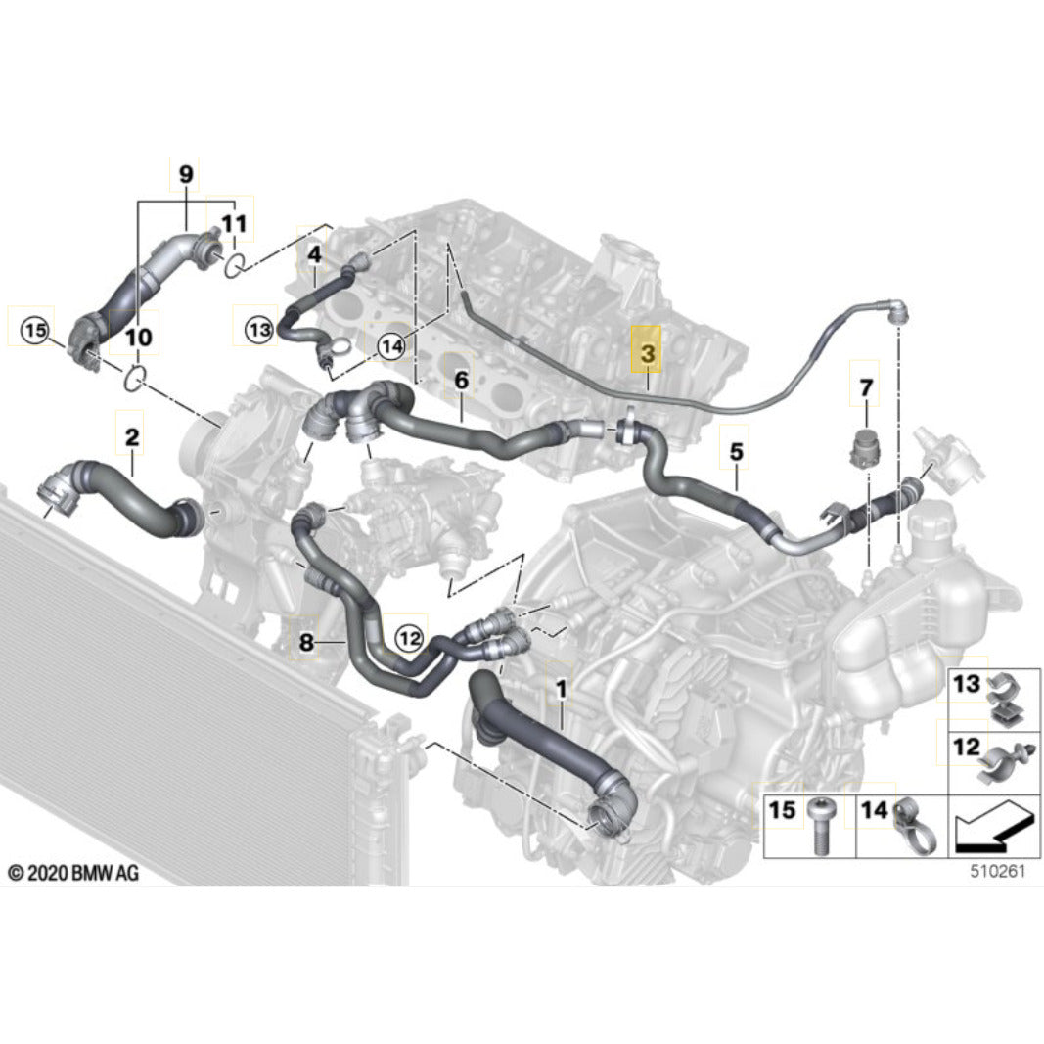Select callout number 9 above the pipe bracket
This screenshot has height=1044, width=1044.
(x=186, y=176)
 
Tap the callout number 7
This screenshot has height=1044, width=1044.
(x=864, y=389)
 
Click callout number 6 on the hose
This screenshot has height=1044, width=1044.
(x=461, y=379)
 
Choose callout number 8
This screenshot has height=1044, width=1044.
(x=306, y=643)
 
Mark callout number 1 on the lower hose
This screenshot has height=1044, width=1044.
(x=561, y=691)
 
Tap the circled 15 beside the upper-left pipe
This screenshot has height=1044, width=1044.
(x=35, y=330)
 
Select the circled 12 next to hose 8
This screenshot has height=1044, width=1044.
(x=408, y=638)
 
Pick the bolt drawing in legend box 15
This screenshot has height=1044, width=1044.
(x=819, y=827)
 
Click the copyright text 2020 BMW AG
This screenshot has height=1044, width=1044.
(x=73, y=873)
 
